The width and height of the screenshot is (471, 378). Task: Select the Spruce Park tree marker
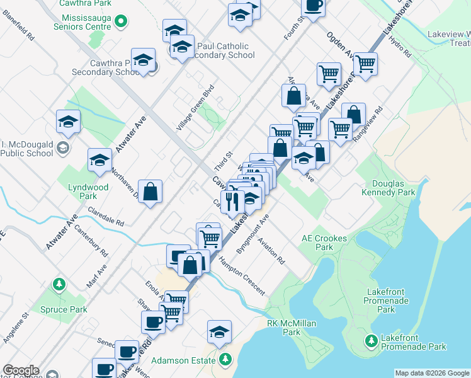60,284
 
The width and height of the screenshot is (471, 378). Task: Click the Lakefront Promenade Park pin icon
372,341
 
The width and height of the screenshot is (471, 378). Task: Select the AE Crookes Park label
317,243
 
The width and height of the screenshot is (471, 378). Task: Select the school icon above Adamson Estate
219,331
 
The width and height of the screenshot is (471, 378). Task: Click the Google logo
21,370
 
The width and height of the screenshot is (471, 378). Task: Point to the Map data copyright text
431,373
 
